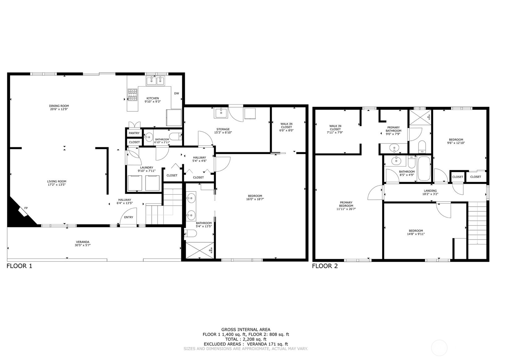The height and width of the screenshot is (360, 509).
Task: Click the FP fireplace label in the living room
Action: coord(26,208)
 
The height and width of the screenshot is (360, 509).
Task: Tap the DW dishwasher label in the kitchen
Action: coord(176,93)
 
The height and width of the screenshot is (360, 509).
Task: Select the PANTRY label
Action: coord(134,133)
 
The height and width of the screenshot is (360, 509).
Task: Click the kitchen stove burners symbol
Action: coord(133,95)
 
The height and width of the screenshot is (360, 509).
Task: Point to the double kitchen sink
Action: coord(156,81)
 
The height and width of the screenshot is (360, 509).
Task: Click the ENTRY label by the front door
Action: coord(129,217)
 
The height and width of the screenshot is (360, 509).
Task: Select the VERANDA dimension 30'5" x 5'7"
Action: coord(83,245)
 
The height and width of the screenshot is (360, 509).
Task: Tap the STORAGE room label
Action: coord(223,129)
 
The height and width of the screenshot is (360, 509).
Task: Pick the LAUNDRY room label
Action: coord(146,167)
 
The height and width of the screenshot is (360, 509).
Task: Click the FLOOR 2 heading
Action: coord(325,266)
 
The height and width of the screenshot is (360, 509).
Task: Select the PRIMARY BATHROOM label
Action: coord(393,129)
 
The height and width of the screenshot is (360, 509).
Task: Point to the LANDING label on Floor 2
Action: coord(430,191)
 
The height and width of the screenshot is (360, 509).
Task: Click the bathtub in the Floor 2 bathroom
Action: coord(424,169)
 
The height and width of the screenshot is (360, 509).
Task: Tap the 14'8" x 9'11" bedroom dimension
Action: coord(416,234)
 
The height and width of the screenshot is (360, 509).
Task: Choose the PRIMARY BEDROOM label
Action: coord(346,204)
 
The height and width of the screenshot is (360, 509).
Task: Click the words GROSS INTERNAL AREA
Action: coord(246,330)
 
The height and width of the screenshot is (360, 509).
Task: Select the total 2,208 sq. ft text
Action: coord(246,339)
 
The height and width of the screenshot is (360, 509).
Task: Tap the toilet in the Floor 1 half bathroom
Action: coord(176,136)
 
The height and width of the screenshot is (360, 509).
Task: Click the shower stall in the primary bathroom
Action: coord(420,117)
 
